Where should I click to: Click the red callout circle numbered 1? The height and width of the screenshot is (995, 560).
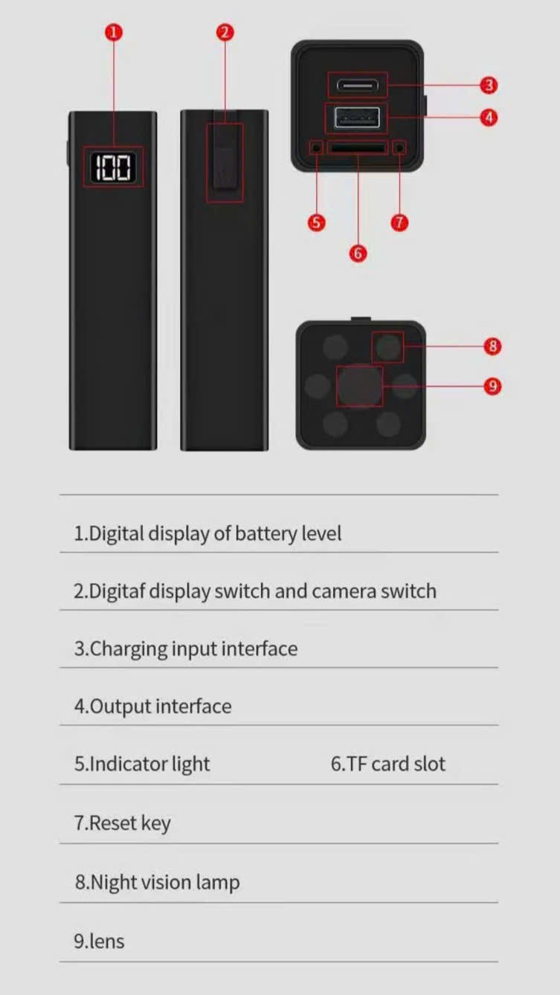pos(114,33)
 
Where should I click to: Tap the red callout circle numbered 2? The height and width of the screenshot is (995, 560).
pos(225,33)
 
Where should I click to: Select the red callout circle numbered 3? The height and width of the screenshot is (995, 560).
pos(489,85)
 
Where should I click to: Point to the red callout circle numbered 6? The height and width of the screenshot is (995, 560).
pos(358,253)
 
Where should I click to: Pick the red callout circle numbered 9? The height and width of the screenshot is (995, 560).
pos(492,385)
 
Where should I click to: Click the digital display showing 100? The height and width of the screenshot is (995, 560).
pos(113,167)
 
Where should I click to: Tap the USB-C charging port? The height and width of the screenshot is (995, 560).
pos(358,85)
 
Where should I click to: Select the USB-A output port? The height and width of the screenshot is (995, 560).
pos(357,117)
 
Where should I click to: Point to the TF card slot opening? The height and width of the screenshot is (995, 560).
pos(357,147)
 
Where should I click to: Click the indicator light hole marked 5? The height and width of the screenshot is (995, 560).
pos(316,147)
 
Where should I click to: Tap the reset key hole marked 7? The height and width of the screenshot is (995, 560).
pos(399,147)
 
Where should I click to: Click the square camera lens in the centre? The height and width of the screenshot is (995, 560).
pos(359,385)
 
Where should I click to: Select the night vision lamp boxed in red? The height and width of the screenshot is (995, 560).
pos(388,347)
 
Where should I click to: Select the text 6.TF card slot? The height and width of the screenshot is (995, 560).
pos(387,764)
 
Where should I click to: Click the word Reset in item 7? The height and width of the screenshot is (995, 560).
pos(113,822)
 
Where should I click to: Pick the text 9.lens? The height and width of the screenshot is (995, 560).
pos(99,941)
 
